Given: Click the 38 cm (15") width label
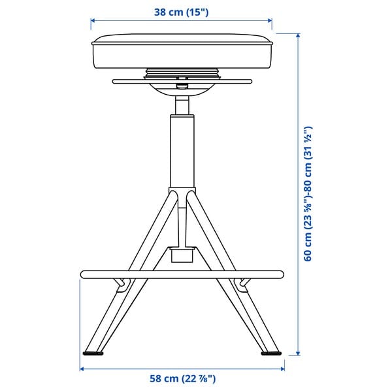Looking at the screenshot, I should (x=182, y=12).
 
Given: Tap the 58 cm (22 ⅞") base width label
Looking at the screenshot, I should (x=182, y=378).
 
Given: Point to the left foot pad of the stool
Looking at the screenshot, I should (x=93, y=354).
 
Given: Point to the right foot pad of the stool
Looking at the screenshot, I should (x=270, y=354).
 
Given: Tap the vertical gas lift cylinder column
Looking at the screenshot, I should (x=182, y=150).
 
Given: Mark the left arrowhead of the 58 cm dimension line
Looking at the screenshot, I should (x=83, y=368).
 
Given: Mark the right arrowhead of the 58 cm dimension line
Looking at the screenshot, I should (x=281, y=368).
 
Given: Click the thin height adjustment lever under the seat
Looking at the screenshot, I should (x=182, y=82).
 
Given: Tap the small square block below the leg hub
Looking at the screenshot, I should (x=182, y=253).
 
